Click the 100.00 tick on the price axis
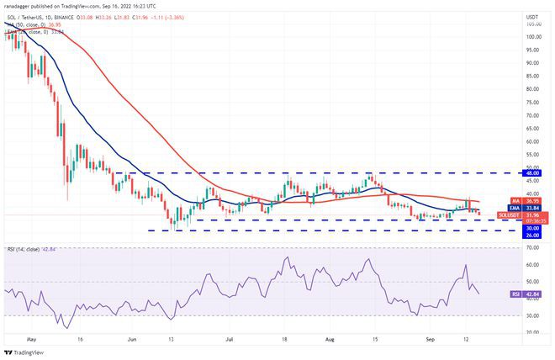[532, 37]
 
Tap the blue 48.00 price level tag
[532, 172]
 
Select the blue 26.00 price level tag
[532, 235]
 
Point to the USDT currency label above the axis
[532, 16]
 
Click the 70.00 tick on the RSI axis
[532, 247]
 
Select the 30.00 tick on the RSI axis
[532, 315]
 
